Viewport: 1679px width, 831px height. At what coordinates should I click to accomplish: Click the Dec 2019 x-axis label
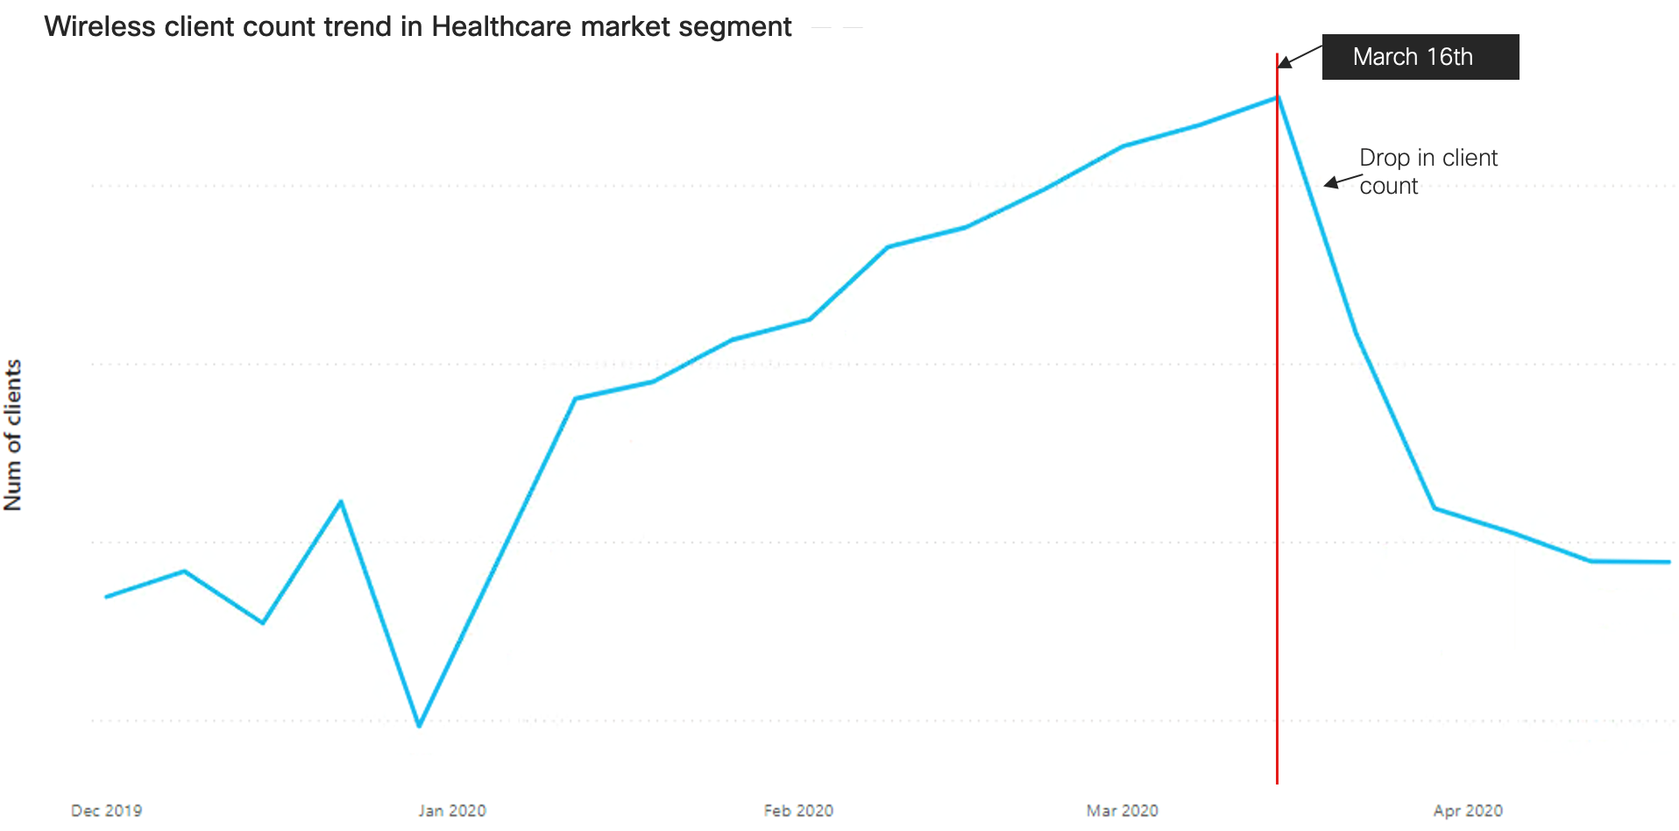tap(106, 811)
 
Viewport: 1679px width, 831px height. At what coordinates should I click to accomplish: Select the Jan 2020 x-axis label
tap(452, 811)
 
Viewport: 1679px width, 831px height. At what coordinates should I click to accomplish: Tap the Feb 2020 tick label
tap(798, 811)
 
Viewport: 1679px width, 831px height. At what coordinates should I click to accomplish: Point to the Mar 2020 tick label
tap(1122, 811)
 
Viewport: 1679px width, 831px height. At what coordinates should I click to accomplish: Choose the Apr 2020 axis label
tap(1468, 811)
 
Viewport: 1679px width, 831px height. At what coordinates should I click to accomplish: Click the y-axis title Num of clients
tap(13, 435)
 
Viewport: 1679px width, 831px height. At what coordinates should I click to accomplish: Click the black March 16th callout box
tap(1420, 57)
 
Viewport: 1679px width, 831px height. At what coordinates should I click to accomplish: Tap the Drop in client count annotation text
tap(1428, 171)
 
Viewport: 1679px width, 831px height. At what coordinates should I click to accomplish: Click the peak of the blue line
tap(1277, 97)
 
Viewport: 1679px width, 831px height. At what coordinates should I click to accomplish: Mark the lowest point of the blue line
tap(419, 726)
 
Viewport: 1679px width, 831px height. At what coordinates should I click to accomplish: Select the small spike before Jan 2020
tap(341, 501)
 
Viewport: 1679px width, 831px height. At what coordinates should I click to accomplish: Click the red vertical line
tap(1277, 438)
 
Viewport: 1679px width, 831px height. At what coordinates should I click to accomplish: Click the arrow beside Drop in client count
tap(1342, 181)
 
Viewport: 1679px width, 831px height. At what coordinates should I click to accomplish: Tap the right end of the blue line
tap(1668, 562)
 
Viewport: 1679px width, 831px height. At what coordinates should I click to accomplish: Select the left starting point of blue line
tap(107, 597)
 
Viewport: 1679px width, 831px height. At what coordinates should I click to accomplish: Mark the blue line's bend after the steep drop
tap(1435, 508)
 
